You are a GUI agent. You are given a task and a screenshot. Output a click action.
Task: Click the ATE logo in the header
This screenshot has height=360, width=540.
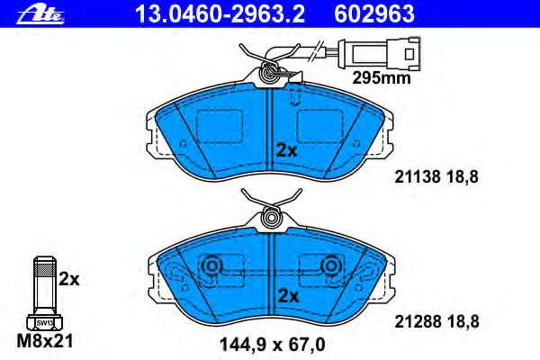[x=40, y=14]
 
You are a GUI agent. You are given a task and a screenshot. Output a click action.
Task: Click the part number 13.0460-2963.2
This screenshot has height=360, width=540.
[x=220, y=14]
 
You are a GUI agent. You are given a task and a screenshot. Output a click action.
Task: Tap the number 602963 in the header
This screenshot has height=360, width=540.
[x=374, y=14]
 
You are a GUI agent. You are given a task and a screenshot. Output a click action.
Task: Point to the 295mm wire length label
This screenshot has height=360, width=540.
[x=382, y=78]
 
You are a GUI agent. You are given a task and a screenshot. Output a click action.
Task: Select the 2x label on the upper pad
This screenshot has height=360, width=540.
[x=286, y=151]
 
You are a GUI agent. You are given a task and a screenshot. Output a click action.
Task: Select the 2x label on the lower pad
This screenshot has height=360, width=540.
[x=288, y=295]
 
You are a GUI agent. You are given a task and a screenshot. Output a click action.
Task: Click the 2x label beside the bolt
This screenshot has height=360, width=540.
[x=69, y=279]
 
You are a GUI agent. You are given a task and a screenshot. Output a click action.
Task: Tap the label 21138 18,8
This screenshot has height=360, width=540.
[x=436, y=177]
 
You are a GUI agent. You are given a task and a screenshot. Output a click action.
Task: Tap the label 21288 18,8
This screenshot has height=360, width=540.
[x=436, y=322]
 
